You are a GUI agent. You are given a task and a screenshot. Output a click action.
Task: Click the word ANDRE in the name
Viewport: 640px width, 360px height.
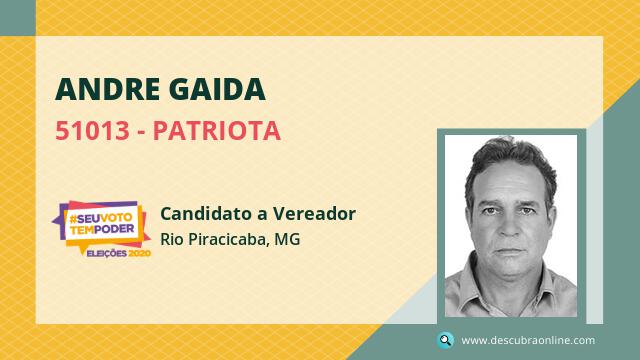click(108, 89)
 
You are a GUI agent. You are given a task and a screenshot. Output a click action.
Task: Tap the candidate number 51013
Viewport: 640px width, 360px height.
click(92, 131)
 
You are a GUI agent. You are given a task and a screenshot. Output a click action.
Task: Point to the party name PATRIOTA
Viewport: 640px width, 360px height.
click(217, 131)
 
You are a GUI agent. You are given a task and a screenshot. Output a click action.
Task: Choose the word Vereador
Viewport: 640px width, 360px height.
click(314, 213)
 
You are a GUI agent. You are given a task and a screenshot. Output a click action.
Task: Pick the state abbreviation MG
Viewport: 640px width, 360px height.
click(287, 239)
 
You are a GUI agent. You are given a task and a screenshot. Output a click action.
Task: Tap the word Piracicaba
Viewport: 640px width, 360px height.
click(228, 239)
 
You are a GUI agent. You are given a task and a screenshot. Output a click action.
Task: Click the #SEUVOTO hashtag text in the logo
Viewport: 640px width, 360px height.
click(101, 218)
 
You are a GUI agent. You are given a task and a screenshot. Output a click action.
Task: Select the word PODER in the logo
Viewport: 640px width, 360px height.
click(114, 229)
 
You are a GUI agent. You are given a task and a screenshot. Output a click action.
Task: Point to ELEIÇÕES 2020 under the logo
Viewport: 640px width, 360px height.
click(119, 253)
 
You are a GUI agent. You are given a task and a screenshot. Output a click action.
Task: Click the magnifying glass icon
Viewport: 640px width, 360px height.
click(445, 340)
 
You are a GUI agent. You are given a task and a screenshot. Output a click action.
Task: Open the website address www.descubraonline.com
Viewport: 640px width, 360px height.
click(528, 340)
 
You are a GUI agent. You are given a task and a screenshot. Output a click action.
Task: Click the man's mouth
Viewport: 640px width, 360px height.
click(508, 251)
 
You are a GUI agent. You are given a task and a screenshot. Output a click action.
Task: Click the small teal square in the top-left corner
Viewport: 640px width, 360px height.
click(18, 18)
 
